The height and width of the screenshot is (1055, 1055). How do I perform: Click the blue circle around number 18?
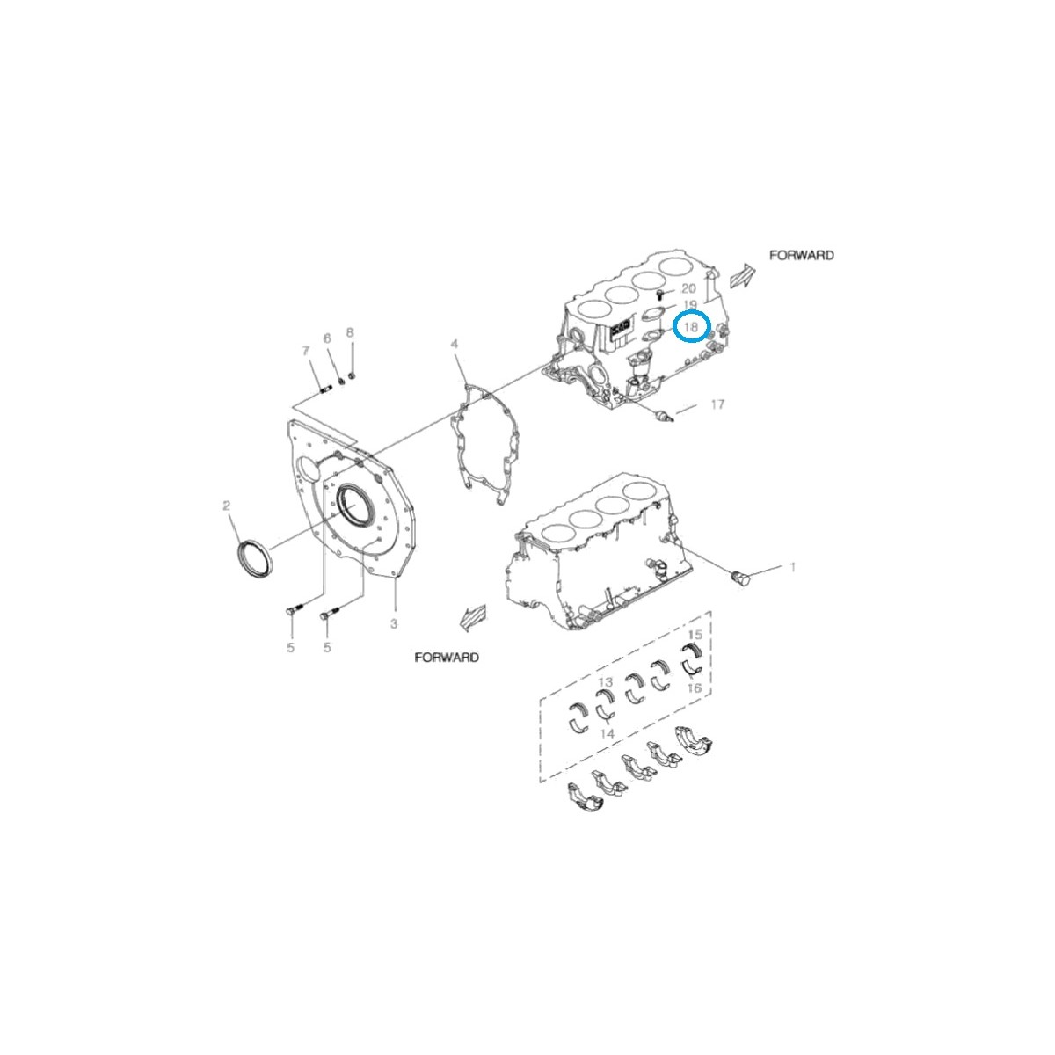coord(691,327)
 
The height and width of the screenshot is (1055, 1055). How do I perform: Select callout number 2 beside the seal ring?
coord(227,506)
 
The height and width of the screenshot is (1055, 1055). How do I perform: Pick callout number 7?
coord(306,352)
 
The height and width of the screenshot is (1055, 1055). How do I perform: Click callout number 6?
coord(327,338)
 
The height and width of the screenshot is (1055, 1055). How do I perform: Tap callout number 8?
coord(350,332)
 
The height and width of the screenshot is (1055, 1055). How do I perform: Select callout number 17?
coord(717,404)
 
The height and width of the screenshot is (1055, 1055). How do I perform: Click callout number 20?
coord(688,288)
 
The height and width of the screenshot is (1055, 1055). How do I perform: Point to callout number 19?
coord(690,305)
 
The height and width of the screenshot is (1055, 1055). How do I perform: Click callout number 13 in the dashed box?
coord(606,682)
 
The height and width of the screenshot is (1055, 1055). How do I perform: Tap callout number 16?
coord(695,688)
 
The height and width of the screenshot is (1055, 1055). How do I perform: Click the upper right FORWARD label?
coord(801,255)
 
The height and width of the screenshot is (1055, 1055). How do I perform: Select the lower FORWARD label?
coord(447,658)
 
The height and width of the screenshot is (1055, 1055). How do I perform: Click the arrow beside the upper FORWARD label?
coord(742,276)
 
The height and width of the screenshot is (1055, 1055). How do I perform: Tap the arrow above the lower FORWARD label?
coord(472,618)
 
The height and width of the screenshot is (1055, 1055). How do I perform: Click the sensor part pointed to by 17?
coord(664,415)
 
